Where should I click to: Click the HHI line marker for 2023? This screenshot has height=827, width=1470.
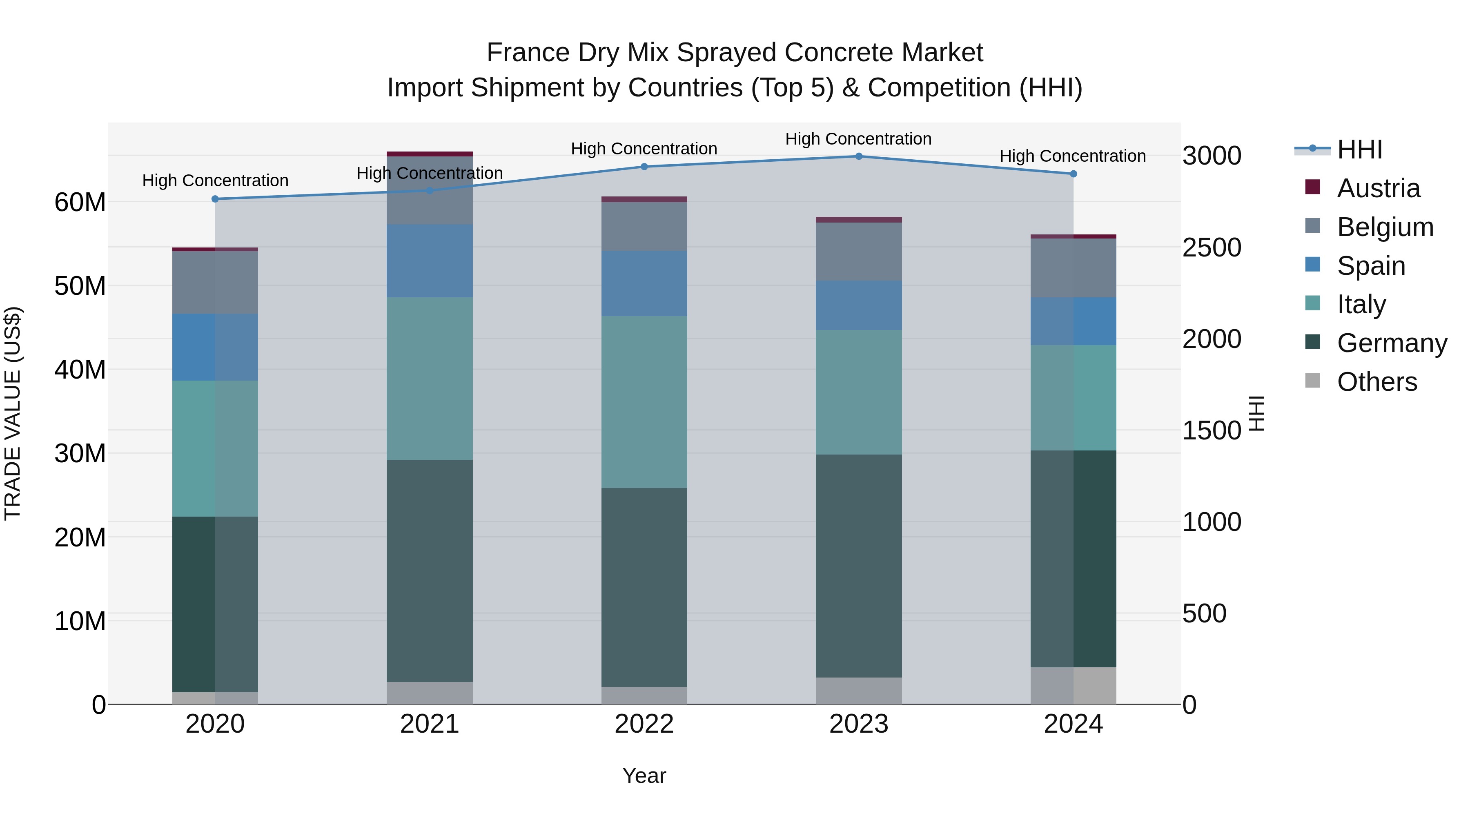pos(858,156)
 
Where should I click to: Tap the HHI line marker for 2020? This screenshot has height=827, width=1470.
pos(215,199)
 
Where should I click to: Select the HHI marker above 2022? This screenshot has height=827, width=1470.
pos(644,167)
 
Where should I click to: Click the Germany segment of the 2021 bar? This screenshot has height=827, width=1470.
pos(430,571)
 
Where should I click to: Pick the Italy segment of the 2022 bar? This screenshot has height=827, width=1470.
pos(644,402)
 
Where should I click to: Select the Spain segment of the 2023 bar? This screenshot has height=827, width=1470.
pos(858,305)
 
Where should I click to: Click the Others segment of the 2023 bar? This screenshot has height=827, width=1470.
pos(858,691)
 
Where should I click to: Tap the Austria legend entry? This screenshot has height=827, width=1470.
pos(1378,188)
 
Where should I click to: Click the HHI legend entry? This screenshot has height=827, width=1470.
pos(1359,149)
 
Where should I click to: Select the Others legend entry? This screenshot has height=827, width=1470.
pos(1376,382)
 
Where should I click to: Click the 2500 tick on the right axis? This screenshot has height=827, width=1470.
pos(1212,248)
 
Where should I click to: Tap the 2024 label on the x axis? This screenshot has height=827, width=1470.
pos(1073,724)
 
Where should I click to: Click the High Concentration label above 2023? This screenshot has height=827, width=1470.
pos(858,139)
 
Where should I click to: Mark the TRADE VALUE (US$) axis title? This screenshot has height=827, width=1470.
pos(13,413)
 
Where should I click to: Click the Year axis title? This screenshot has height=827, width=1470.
pos(644,776)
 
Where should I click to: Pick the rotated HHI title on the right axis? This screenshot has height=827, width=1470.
pos(1257,413)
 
